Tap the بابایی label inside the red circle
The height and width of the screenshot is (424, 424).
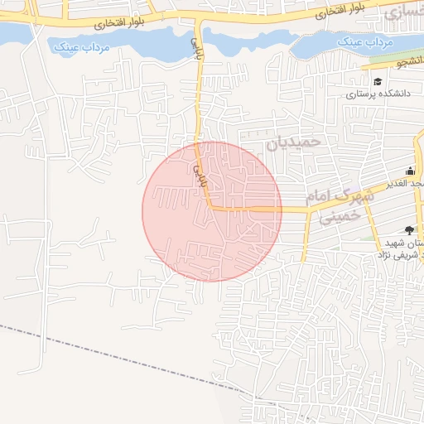pos(198,171)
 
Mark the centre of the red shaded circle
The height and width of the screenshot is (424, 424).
pos(212,211)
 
